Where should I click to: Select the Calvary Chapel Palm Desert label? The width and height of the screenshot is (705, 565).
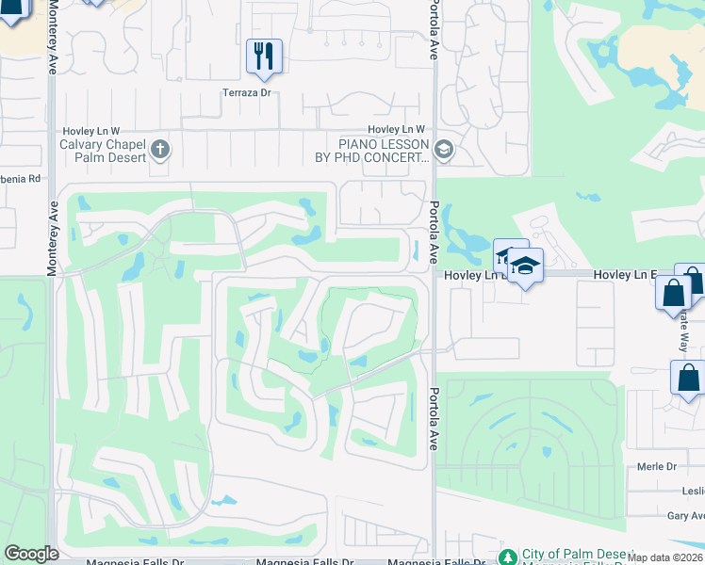103,151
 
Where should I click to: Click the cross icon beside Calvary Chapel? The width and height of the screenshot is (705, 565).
160,148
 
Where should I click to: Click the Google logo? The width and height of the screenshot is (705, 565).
31,554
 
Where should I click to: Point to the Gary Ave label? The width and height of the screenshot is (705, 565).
686,515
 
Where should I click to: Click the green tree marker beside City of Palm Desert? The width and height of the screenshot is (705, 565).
507,557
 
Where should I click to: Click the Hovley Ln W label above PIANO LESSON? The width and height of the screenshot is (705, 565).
397,129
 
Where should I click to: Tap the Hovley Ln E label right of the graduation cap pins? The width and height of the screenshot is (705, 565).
624,274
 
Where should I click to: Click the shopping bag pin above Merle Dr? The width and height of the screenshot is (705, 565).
687,379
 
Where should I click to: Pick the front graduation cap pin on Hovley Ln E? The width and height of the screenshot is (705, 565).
527,266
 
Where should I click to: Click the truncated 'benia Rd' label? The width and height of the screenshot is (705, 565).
21,178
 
